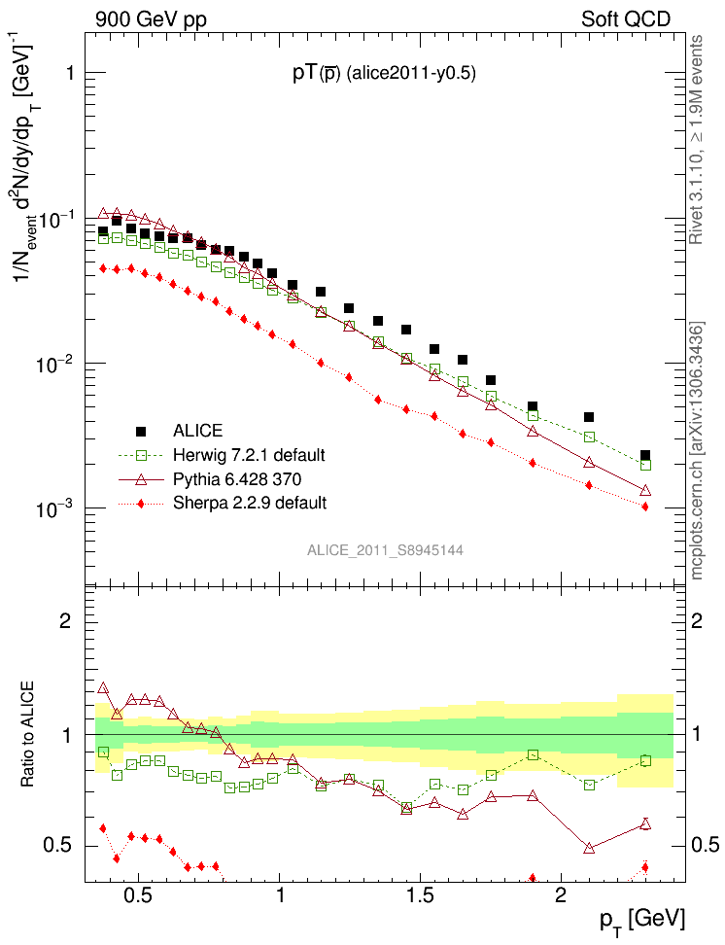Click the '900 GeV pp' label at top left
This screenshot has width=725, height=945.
pyautogui.click(x=151, y=18)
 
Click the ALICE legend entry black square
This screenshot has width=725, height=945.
pyautogui.click(x=140, y=431)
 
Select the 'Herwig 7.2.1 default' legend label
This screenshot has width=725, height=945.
pyautogui.click(x=249, y=455)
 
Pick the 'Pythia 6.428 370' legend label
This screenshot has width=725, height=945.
pyautogui.click(x=238, y=478)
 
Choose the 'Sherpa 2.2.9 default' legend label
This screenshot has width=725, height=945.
pyautogui.click(x=250, y=503)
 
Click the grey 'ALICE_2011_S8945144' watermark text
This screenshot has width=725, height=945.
pyautogui.click(x=385, y=550)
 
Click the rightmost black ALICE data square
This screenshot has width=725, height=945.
pyautogui.click(x=645, y=455)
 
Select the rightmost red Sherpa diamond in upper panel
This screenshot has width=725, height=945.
pyautogui.click(x=645, y=507)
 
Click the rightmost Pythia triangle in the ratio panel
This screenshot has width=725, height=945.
pyautogui.click(x=645, y=824)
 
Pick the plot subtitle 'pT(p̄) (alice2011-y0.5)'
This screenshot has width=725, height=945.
pyautogui.click(x=384, y=74)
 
